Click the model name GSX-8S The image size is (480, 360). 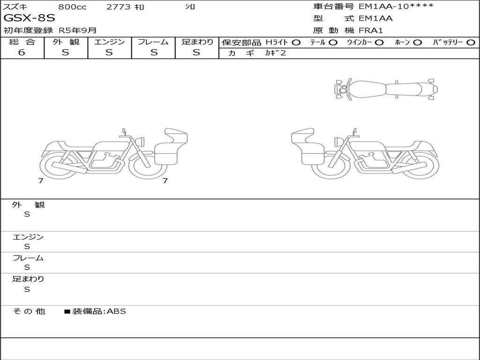(30, 18)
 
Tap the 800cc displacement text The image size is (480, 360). (72, 7)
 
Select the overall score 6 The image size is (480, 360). (22, 52)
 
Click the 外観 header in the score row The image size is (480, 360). (66, 42)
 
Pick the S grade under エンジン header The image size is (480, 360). (109, 52)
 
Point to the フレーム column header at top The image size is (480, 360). (153, 42)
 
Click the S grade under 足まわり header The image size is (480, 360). (196, 52)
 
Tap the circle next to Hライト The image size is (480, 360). (296, 43)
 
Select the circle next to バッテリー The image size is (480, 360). (471, 43)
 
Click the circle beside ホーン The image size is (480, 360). (417, 43)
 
